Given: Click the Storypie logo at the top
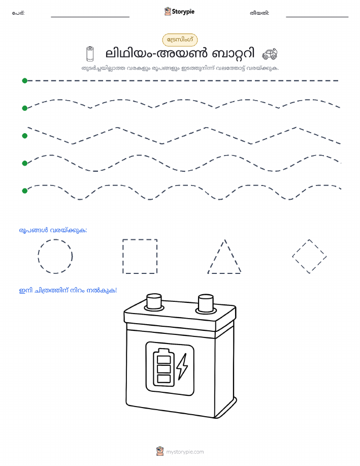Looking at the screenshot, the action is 179,12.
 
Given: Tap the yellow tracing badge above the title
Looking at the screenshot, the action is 180,40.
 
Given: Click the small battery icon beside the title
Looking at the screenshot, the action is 90,53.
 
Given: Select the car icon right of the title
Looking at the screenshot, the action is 270,54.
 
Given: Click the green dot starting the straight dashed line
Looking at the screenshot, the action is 25,80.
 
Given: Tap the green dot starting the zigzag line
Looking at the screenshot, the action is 25,136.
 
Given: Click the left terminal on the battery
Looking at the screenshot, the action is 154,301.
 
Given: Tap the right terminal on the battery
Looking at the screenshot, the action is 206,303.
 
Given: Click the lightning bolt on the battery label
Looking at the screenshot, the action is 182,366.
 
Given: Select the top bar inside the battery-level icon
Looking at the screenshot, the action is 163,360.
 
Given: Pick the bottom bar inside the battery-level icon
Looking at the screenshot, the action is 163,379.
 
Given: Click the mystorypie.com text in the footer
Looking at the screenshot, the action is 185,452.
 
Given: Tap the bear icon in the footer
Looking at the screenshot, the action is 160,451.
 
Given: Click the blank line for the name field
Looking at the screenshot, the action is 90,17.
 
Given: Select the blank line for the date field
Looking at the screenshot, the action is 317,17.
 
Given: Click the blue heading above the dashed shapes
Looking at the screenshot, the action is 53,230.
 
